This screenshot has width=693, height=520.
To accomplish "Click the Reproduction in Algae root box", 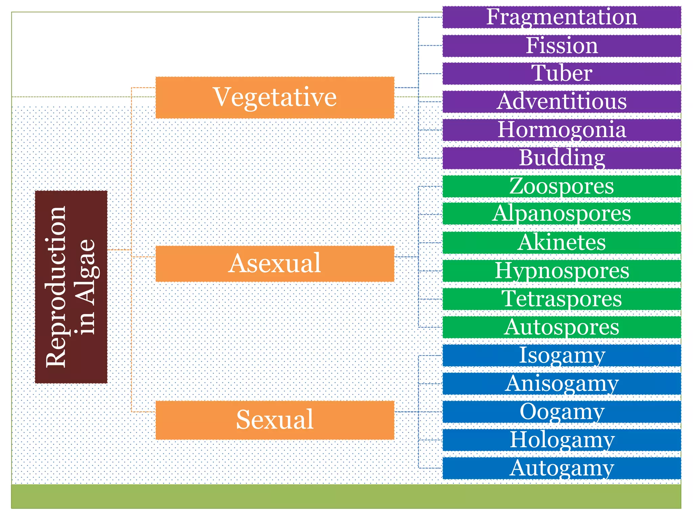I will point(71,287).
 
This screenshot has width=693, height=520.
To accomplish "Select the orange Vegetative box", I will point(275,97).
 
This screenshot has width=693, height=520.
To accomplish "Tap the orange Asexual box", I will point(275,264).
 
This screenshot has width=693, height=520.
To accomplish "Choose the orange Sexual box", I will point(275,420).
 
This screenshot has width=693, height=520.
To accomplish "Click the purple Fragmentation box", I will point(562,17).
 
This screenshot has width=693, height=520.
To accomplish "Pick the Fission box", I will point(562,46).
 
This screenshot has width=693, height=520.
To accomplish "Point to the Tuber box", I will point(562,73).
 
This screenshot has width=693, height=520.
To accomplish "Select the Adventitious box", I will point(562,102).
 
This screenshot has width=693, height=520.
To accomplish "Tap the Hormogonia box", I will point(562,130).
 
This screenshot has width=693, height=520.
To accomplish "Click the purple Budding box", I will point(562,158).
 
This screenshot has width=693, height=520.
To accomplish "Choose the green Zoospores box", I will point(562,186).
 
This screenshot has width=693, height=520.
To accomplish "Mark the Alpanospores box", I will point(562,214).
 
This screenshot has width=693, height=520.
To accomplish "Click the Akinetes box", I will point(562,242).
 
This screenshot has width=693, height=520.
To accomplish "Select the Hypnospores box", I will point(562,271).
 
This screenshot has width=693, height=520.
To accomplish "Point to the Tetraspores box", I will point(562,299).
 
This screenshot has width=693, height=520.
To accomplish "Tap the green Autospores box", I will point(562,327).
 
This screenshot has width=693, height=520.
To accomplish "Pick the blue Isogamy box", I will point(562,355).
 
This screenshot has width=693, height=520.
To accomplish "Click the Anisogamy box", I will point(562,384).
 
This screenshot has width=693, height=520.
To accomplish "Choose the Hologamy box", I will point(562,440).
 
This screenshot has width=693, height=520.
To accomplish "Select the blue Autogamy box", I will point(562,468).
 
